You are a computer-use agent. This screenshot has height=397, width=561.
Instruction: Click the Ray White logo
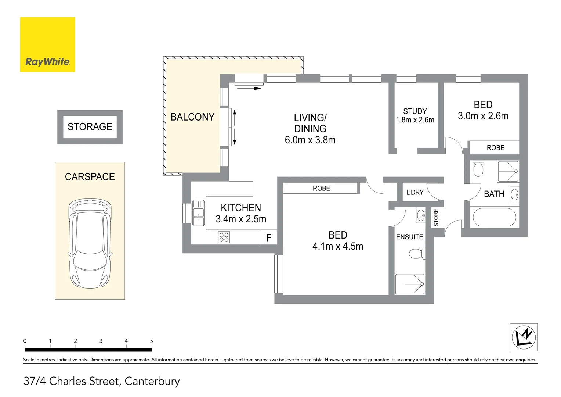click(x=48, y=44)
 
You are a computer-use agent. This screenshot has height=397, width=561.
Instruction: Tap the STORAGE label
click(x=90, y=127)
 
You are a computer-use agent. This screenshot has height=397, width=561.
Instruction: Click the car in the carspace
click(x=90, y=243)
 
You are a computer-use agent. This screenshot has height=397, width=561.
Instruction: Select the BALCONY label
click(x=193, y=117)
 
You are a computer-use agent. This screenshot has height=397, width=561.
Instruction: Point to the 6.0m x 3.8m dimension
click(x=310, y=140)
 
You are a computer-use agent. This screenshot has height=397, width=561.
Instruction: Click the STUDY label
click(x=415, y=111)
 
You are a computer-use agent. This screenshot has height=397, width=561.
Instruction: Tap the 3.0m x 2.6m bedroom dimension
click(x=483, y=116)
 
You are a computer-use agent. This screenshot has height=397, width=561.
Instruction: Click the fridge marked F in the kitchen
click(x=268, y=237)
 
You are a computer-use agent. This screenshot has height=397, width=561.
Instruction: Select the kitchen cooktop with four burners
click(x=224, y=237)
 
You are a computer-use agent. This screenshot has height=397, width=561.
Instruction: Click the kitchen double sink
click(x=198, y=213)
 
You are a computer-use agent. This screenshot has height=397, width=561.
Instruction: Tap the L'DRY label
click(x=415, y=192)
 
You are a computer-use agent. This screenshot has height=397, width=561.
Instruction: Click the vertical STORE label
click(x=436, y=218)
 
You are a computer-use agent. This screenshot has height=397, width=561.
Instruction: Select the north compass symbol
click(x=524, y=337)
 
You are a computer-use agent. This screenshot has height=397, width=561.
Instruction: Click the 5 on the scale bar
click(x=151, y=341)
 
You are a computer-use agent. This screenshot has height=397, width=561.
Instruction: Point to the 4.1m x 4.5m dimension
click(x=338, y=246)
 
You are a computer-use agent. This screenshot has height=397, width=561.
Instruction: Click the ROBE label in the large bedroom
click(x=321, y=188)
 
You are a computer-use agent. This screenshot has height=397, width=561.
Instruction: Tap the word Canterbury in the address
click(x=152, y=382)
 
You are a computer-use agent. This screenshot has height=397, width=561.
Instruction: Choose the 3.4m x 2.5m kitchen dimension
click(x=241, y=219)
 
